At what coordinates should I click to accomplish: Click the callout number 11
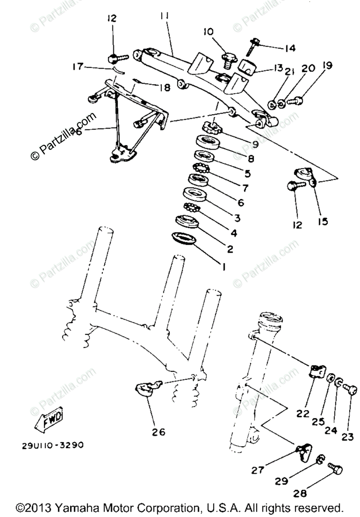164,16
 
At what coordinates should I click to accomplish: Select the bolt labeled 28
335,468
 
